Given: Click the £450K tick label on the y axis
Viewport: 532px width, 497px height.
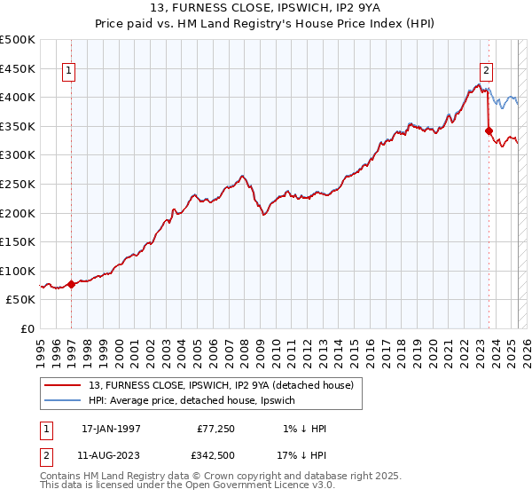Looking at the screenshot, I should [x=18, y=68].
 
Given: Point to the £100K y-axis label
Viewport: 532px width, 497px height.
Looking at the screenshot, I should [x=18, y=271].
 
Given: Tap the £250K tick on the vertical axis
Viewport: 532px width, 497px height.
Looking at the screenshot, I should [x=18, y=184].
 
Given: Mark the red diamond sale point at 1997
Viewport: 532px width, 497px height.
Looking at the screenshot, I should [x=72, y=284].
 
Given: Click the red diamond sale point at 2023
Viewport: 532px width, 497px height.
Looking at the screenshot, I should [x=489, y=130].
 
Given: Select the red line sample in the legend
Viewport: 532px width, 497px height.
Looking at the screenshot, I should [x=65, y=384].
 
